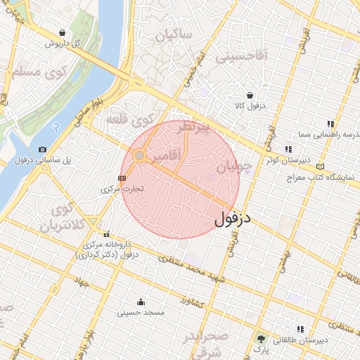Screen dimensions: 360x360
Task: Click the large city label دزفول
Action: click(232, 219)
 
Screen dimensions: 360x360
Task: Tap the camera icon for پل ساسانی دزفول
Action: click(43, 150)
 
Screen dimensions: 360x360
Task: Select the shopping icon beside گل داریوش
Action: click(63, 32)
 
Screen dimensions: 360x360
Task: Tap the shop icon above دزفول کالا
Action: click(250, 95)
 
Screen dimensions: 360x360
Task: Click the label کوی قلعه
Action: click(130, 120)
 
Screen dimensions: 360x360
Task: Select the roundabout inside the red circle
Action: click(140, 155)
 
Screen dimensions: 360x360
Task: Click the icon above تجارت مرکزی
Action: click(122, 178)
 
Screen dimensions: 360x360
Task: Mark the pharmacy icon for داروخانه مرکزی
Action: click(106, 234)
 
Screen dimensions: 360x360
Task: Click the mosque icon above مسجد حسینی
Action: click(141, 302)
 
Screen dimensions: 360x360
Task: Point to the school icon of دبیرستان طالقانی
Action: click(300, 329)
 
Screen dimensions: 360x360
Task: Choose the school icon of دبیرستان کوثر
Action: click(288, 149)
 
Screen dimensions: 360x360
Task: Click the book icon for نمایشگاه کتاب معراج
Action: click(321, 167)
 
